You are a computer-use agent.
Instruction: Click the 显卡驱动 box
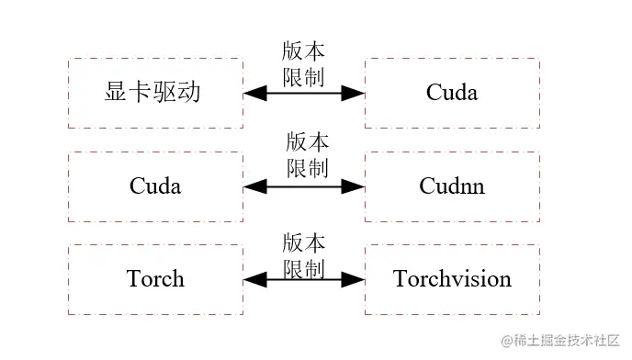(x=155, y=93)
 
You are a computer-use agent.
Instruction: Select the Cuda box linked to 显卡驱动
(x=452, y=93)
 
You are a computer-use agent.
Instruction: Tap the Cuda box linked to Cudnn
(x=155, y=186)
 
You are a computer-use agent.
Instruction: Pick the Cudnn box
(x=452, y=186)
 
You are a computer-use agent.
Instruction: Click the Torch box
(x=155, y=279)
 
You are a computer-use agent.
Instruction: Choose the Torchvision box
(x=452, y=279)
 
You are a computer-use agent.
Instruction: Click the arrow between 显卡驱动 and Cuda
(x=304, y=93)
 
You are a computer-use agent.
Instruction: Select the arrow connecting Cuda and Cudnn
(x=304, y=186)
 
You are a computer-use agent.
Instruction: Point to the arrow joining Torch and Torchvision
(x=304, y=279)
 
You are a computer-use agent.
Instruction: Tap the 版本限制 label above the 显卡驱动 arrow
(x=304, y=64)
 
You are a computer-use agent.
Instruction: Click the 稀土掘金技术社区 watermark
(x=559, y=340)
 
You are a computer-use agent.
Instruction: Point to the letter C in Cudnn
(x=427, y=186)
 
